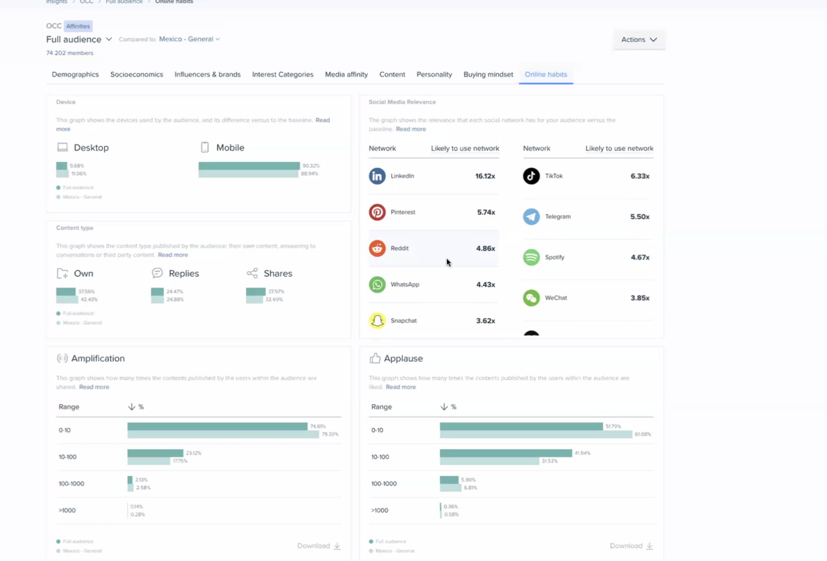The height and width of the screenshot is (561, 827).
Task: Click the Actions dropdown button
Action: pyautogui.click(x=639, y=40)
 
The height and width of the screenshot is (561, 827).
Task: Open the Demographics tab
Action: pyautogui.click(x=75, y=74)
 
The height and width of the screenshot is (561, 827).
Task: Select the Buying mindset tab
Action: pyautogui.click(x=488, y=74)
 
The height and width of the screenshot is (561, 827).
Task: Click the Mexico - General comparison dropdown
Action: pyautogui.click(x=189, y=39)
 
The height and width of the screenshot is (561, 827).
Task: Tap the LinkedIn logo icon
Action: pyautogui.click(x=377, y=176)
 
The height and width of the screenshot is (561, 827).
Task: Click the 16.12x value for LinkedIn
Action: pyautogui.click(x=485, y=176)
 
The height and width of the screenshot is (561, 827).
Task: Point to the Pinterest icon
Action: pyautogui.click(x=377, y=212)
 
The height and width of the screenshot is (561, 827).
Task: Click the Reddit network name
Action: pyautogui.click(x=399, y=248)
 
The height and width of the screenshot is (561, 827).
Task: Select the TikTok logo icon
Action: pyautogui.click(x=531, y=176)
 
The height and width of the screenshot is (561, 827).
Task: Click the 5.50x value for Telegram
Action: pyautogui.click(x=639, y=217)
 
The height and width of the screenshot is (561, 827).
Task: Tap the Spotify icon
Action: pyautogui.click(x=531, y=257)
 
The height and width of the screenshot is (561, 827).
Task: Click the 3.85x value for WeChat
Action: pyautogui.click(x=639, y=298)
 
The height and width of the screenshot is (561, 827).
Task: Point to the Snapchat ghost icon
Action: pyautogui.click(x=377, y=321)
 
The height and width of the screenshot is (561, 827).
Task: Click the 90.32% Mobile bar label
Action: pyautogui.click(x=311, y=165)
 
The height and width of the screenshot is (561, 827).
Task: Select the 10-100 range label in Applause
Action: pyautogui.click(x=380, y=457)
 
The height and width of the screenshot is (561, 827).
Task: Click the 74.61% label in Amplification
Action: pyautogui.click(x=318, y=426)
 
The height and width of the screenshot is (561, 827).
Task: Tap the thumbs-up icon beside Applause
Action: pyautogui.click(x=375, y=358)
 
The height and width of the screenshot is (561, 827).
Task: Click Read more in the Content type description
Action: pyautogui.click(x=173, y=255)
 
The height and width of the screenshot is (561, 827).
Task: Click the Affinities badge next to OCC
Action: pyautogui.click(x=78, y=26)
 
